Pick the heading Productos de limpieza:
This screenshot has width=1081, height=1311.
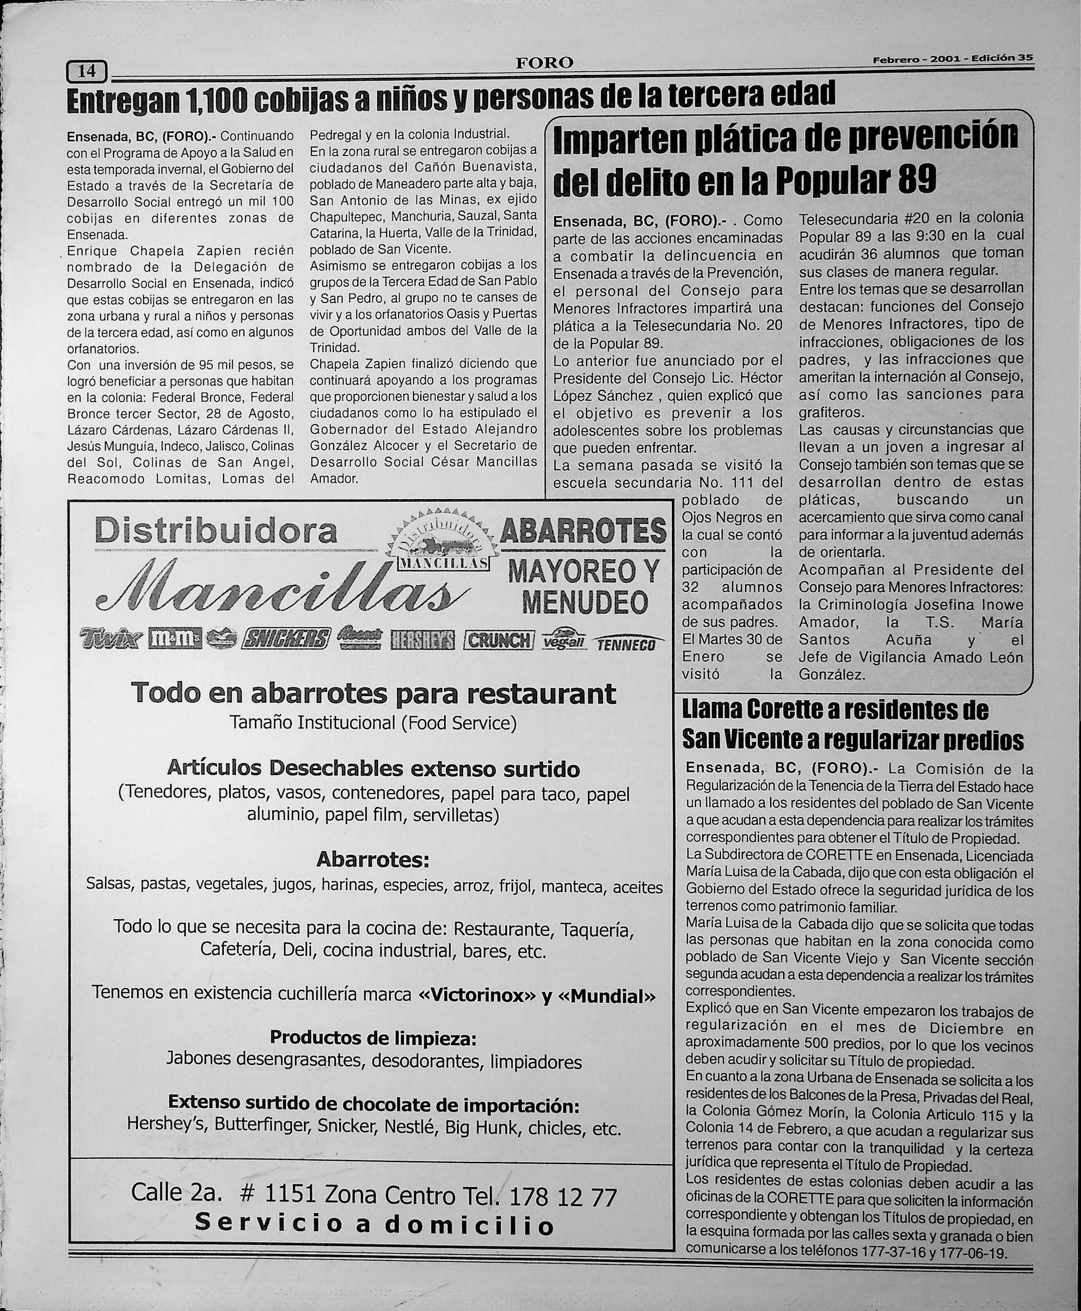(373, 1037)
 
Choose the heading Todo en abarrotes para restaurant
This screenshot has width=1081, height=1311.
(374, 693)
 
